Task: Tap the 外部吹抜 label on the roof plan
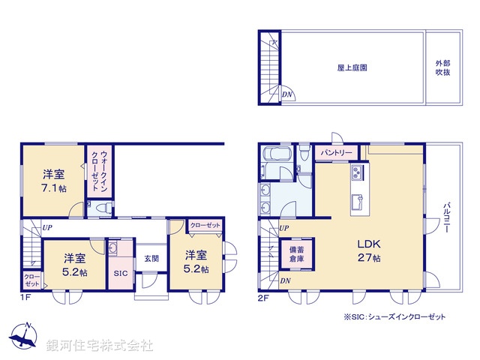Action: click(442, 67)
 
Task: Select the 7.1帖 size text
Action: click(55, 188)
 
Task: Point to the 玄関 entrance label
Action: click(151, 259)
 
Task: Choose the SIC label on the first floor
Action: click(120, 274)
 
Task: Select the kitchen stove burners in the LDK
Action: click(355, 173)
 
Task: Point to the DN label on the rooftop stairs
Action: click(286, 95)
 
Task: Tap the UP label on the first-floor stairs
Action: click(47, 226)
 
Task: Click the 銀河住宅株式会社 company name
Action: click(100, 346)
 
